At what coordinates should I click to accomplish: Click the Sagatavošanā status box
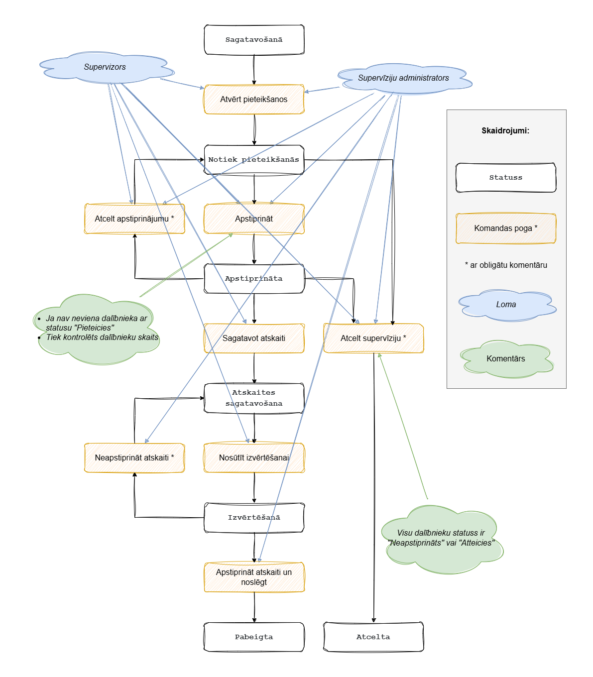pos(254,40)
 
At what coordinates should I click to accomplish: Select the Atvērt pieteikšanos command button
pos(254,100)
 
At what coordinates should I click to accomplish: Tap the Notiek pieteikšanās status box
pos(254,160)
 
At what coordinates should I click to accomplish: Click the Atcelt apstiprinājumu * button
pos(134,219)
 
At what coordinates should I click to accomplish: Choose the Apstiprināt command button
pos(254,219)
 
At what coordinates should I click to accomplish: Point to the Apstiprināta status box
pos(254,279)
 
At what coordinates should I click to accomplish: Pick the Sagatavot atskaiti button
pos(254,338)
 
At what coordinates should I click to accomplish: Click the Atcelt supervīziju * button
pos(373,338)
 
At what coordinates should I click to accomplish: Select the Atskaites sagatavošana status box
pos(254,398)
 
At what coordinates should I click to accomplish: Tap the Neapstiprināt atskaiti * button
pos(134,458)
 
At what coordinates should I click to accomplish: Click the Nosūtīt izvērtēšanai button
pos(254,458)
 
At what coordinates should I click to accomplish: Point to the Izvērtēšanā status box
pos(254,518)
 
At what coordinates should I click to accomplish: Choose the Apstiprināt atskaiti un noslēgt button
pos(254,577)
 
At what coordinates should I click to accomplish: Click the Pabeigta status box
pos(254,637)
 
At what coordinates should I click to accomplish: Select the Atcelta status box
pos(373,637)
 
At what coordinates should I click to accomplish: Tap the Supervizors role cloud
pos(105,67)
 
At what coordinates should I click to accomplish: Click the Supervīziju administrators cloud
pos(403,78)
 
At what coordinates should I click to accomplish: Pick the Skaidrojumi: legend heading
pos(505,131)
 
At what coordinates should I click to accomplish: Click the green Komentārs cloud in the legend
pos(506,359)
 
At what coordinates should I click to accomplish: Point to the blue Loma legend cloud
pos(506,305)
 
